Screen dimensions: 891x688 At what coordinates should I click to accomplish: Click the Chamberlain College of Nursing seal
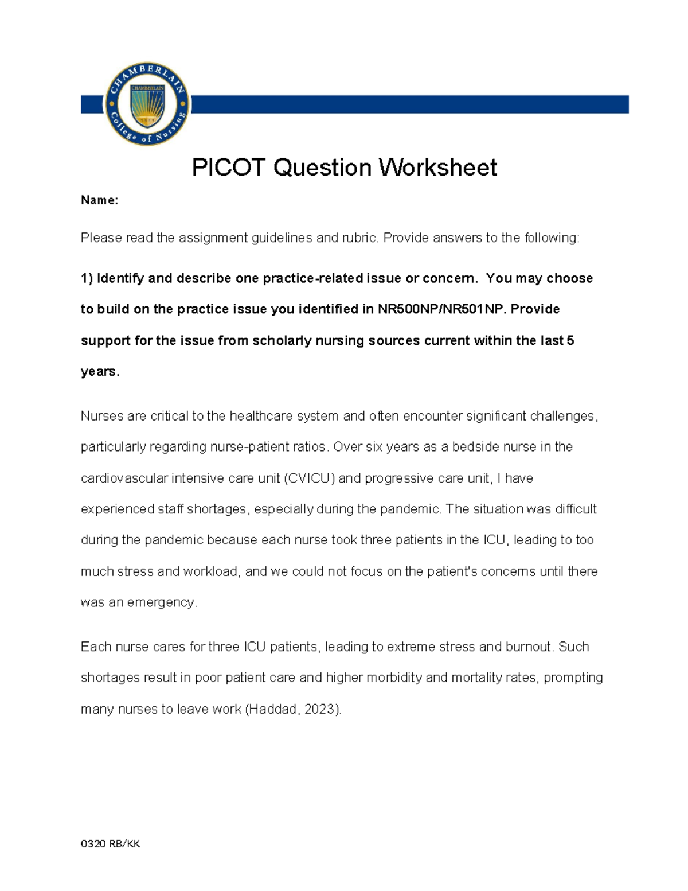coord(147,104)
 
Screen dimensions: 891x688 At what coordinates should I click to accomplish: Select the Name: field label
coord(99,200)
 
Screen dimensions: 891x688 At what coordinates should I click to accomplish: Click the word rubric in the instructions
coord(358,238)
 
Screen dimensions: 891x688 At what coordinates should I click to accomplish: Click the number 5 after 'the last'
coord(570,341)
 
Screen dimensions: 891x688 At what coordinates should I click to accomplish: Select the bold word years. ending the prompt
coord(100,372)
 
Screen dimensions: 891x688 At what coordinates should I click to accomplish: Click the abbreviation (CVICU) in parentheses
coord(310,478)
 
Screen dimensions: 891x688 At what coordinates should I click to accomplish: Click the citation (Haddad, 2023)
coord(293,709)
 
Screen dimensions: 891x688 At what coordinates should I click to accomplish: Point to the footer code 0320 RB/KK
coord(110,843)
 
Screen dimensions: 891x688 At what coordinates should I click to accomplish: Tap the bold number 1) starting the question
coord(87,278)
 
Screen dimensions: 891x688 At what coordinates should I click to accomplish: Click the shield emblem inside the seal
coord(147,106)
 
